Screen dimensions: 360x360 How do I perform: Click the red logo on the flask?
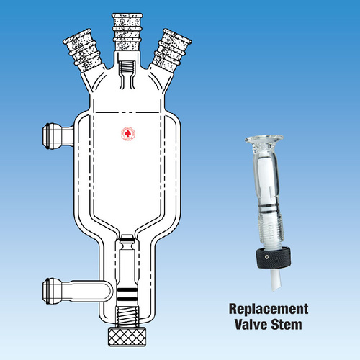127,134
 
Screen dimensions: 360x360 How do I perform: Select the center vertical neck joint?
127,37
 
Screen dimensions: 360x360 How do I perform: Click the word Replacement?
268,310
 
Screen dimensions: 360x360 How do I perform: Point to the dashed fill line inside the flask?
127,113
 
